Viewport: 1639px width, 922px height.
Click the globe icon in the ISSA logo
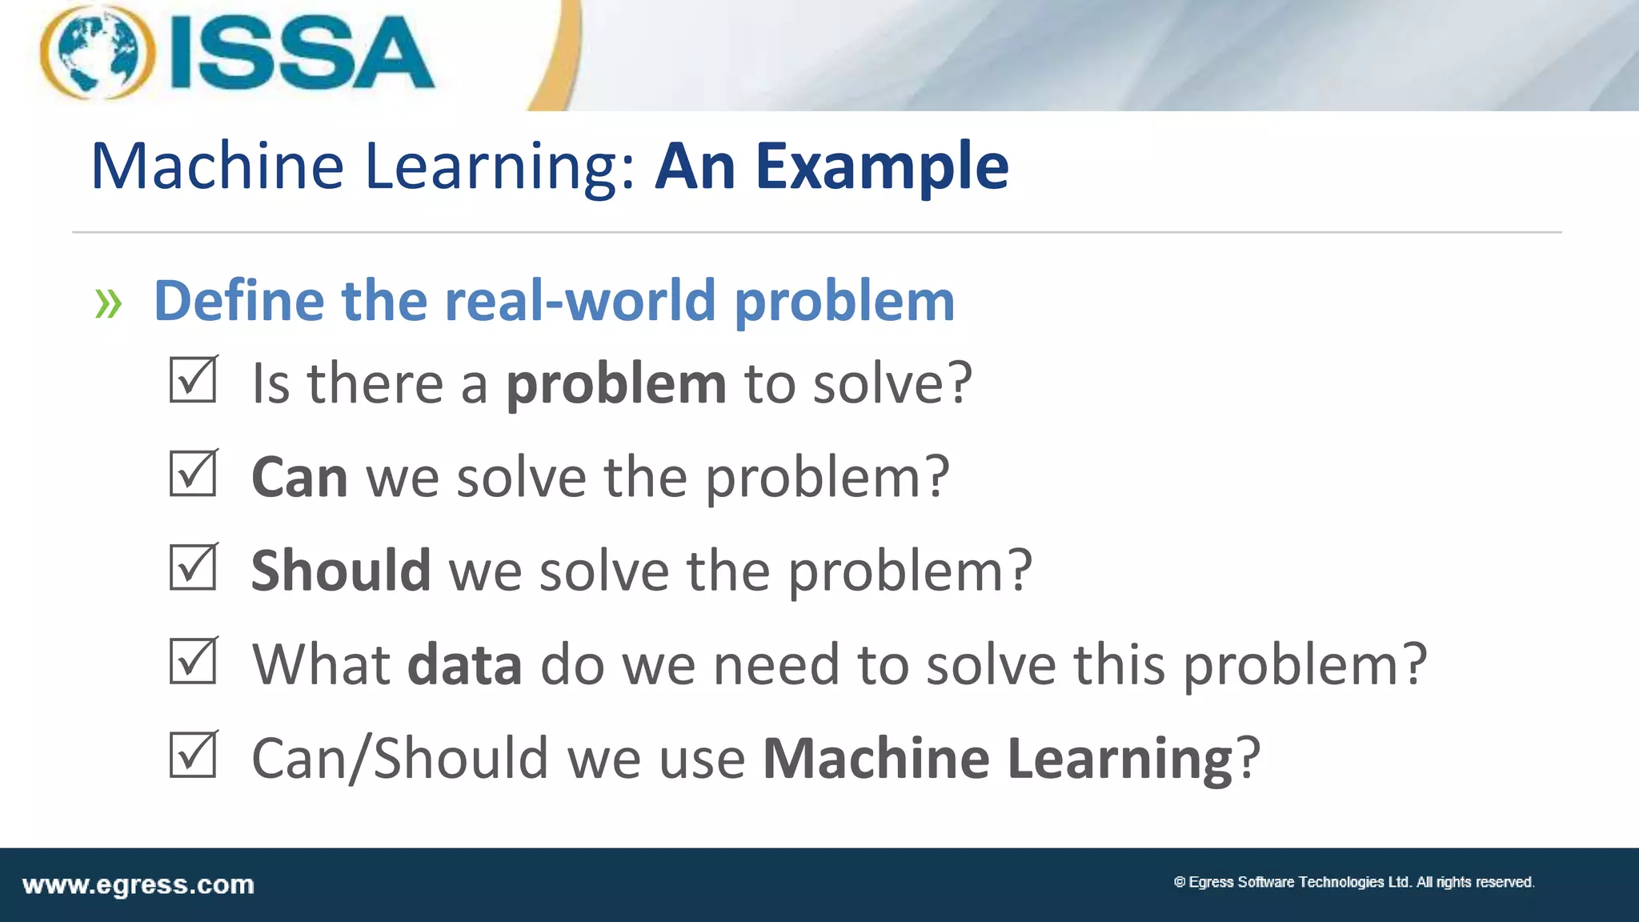[98, 53]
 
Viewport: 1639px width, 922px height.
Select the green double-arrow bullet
[108, 303]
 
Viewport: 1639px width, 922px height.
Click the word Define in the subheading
[238, 301]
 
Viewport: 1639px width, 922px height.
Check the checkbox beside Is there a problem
[193, 380]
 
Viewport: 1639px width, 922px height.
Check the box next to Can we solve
[193, 474]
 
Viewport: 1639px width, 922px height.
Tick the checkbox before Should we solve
[193, 567]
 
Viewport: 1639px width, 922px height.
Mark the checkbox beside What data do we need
[193, 661]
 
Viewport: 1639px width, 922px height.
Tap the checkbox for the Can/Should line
[193, 755]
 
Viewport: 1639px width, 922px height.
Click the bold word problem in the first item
[616, 385]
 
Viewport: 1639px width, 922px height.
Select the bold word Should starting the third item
[341, 571]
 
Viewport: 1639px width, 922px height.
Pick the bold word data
[464, 665]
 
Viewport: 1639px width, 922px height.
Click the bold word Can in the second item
[299, 478]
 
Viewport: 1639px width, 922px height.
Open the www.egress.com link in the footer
[138, 885]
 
